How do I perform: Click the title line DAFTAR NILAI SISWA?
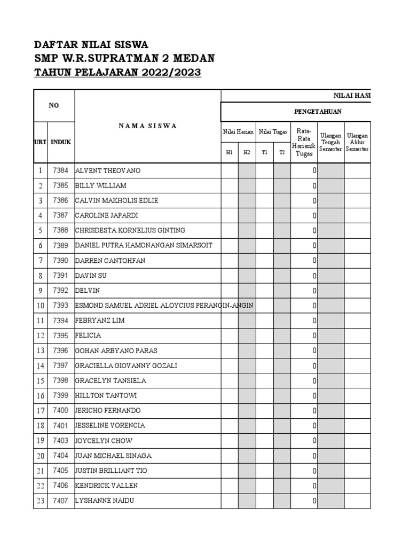[91, 44]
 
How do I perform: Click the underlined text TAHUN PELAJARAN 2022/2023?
[117, 73]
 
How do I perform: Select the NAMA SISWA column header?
[148, 126]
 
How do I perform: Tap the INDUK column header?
[61, 142]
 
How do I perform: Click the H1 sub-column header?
[230, 152]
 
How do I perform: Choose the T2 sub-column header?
[282, 152]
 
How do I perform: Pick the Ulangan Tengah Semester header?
[331, 143]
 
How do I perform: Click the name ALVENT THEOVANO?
[108, 170]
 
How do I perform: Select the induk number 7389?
[61, 245]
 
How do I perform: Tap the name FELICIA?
[89, 335]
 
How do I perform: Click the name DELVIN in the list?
[88, 291]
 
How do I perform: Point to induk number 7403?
[61, 441]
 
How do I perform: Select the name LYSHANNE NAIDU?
[105, 501]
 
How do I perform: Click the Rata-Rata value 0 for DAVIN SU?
[314, 276]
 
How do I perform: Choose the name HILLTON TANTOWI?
[107, 396]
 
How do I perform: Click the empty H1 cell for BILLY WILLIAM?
[230, 185]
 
